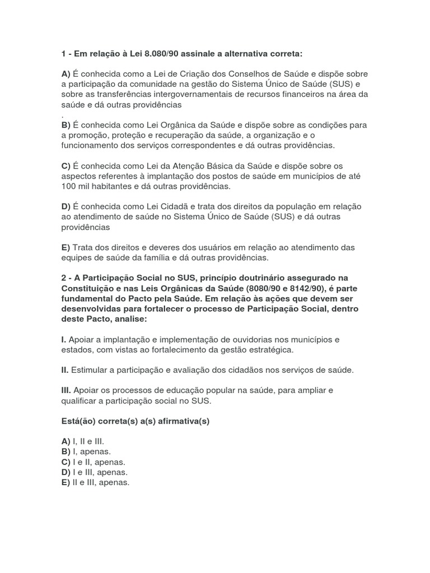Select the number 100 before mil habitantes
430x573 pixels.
point(68,186)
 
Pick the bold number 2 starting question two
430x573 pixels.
point(64,278)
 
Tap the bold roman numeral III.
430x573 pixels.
point(66,390)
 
